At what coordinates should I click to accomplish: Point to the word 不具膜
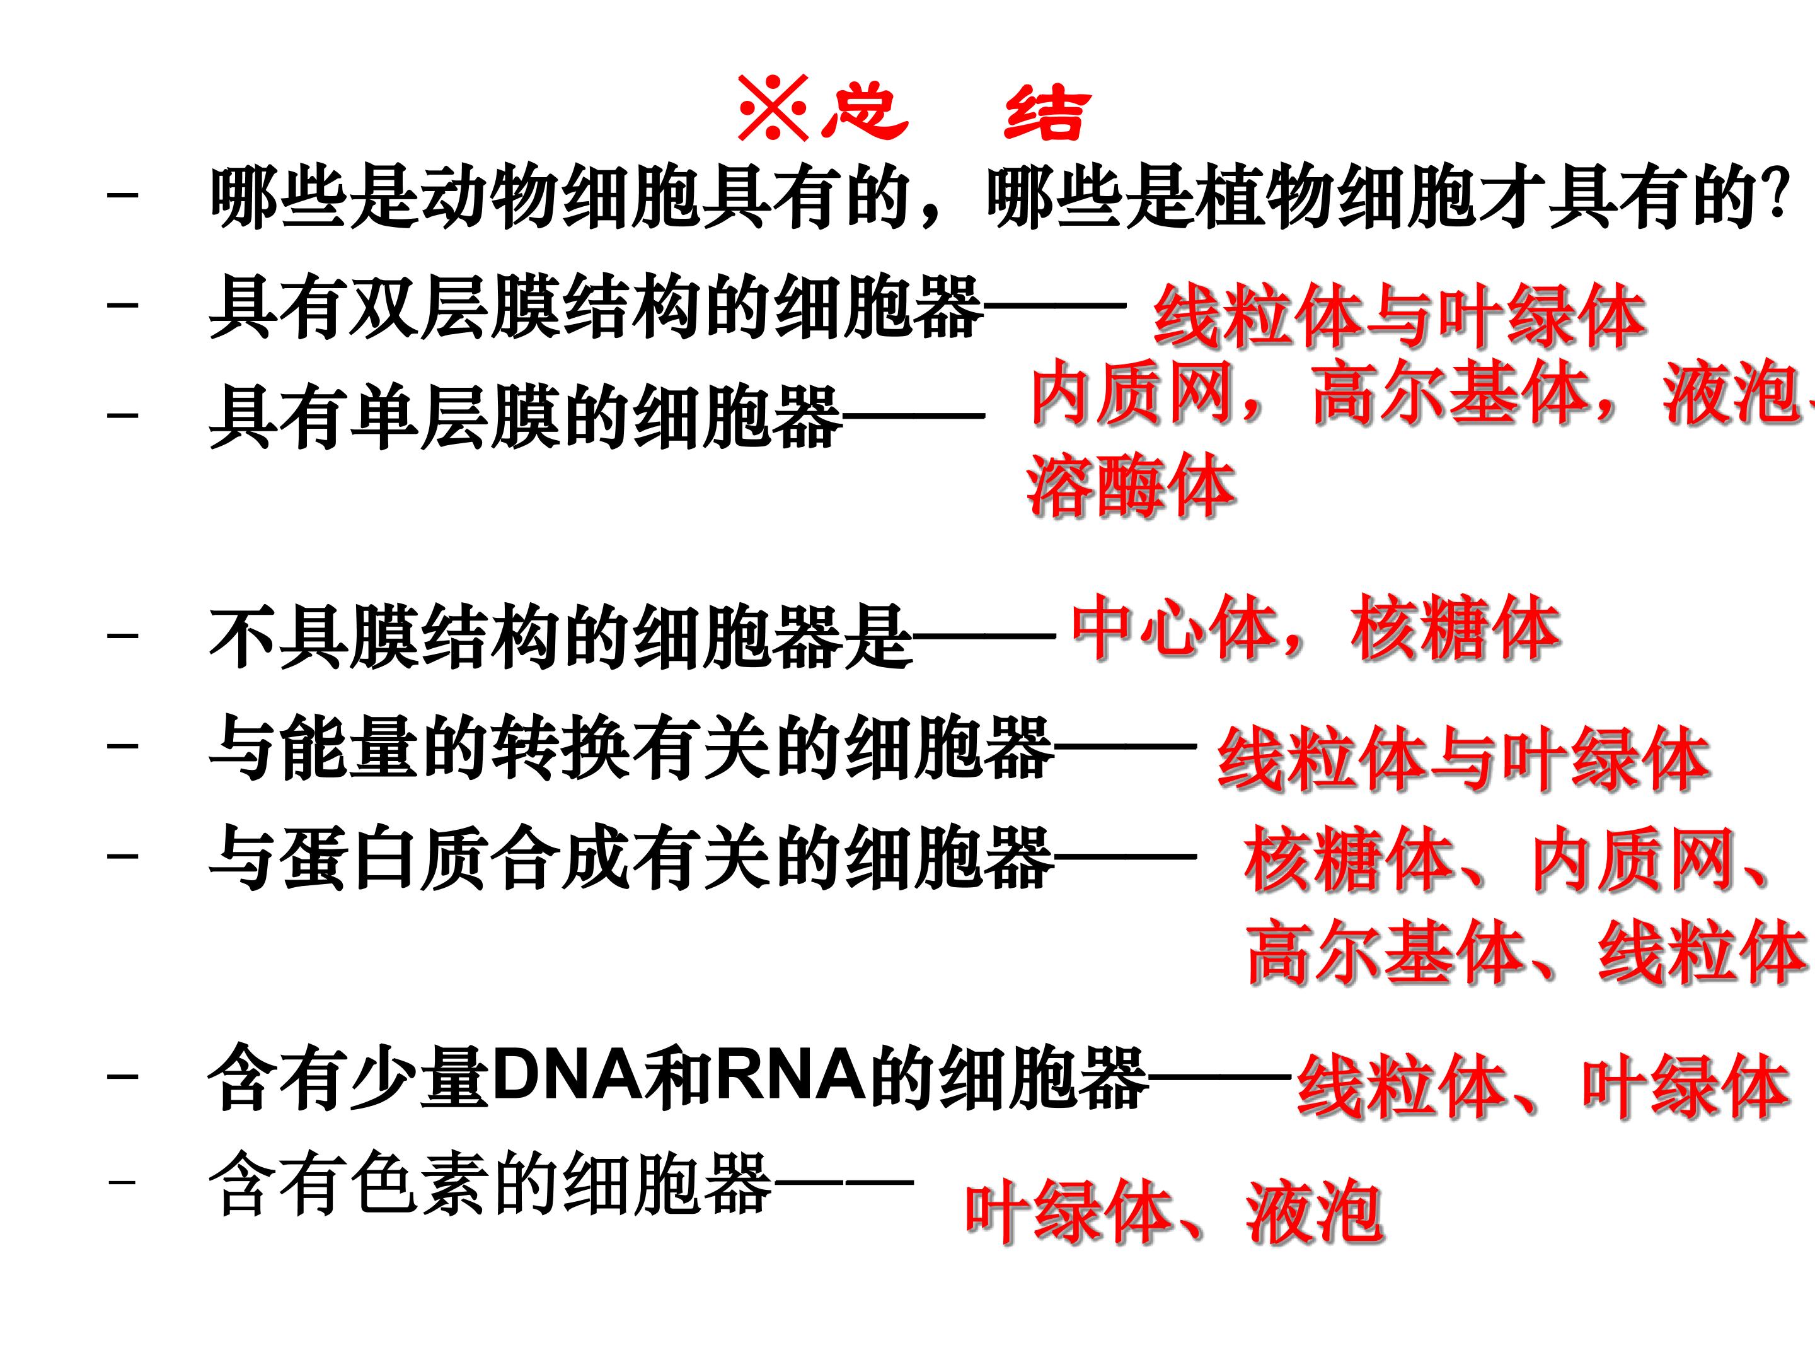(316, 638)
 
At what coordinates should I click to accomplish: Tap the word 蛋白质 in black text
(386, 858)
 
